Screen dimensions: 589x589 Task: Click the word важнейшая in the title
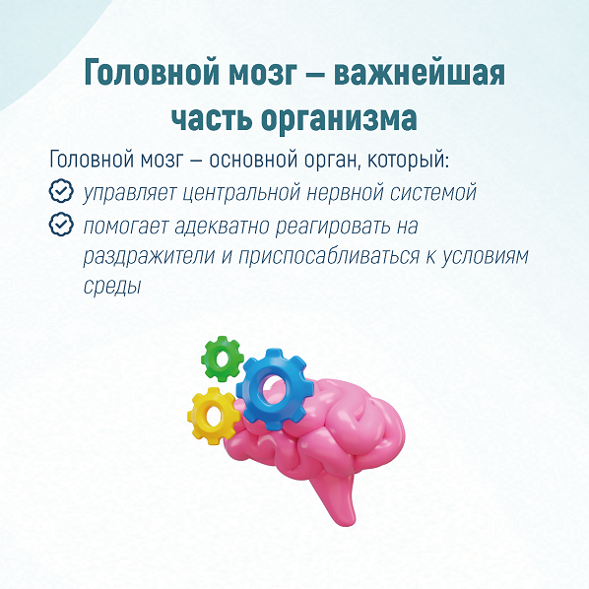coord(420,73)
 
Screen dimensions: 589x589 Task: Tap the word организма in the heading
coord(339,119)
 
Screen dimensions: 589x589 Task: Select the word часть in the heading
coord(211,118)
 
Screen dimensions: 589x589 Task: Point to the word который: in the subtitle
coord(408,159)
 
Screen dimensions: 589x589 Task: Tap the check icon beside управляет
coord(61,191)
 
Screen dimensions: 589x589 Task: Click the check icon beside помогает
coord(61,224)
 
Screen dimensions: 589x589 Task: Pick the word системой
coord(433,192)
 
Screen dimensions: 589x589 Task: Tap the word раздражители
coord(149,257)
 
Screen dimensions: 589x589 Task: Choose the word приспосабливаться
coord(329,257)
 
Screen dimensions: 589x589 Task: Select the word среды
coord(111,287)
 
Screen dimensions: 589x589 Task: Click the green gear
coord(222,359)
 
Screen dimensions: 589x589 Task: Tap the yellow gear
coord(199,417)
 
